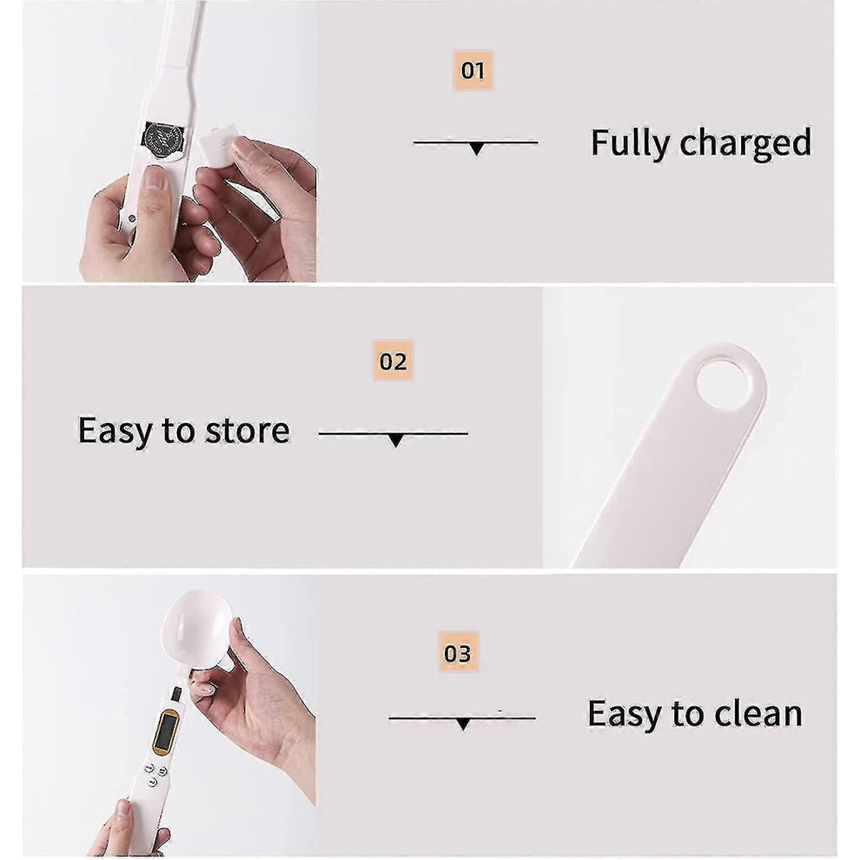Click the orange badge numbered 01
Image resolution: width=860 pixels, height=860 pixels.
[473, 70]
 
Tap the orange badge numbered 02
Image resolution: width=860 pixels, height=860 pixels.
[394, 361]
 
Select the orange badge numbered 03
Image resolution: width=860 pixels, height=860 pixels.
[458, 652]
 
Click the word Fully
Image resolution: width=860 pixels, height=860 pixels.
[630, 143]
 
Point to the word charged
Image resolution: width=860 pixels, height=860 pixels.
[745, 142]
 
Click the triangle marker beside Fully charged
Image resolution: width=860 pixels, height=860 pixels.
[476, 148]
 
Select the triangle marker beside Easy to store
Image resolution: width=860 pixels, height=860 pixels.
[395, 440]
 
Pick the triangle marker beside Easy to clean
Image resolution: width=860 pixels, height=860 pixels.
[463, 724]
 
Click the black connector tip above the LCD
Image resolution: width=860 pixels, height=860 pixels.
[176, 693]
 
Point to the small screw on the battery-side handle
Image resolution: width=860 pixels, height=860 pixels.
[132, 218]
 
